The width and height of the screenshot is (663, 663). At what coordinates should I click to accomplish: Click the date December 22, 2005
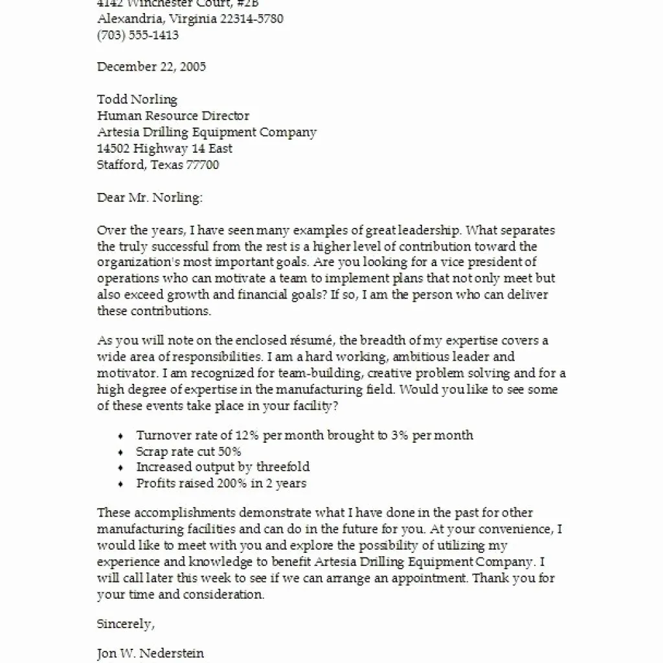(152, 67)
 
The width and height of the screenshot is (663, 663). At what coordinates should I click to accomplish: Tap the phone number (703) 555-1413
(138, 35)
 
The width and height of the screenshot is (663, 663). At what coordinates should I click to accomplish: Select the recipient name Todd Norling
(137, 100)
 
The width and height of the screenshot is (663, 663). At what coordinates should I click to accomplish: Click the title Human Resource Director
(173, 116)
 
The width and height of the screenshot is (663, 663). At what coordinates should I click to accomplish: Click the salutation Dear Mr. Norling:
(150, 197)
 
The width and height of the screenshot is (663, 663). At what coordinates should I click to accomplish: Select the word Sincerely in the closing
(124, 624)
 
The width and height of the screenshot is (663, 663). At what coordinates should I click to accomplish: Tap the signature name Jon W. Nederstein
(150, 653)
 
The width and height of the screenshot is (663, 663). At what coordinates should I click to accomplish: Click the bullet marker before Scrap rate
(121, 452)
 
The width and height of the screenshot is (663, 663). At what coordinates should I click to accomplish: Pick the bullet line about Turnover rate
(304, 435)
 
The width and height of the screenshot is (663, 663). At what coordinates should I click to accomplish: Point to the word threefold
(282, 467)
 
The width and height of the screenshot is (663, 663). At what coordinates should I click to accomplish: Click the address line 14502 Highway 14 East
(164, 148)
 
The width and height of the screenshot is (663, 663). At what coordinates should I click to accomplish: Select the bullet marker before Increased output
(121, 467)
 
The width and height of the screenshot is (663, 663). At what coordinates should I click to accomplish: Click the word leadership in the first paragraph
(432, 230)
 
